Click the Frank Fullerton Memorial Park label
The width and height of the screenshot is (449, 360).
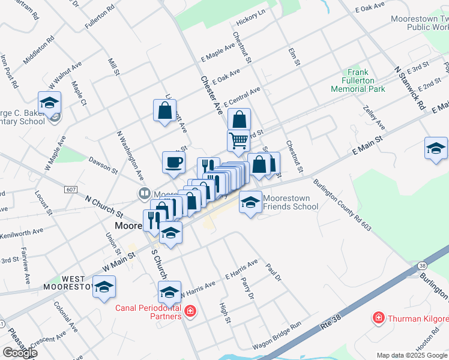point(358,80)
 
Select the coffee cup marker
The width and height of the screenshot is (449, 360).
point(173,162)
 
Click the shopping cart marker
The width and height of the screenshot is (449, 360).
point(238,140)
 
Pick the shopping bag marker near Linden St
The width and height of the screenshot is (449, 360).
point(164,111)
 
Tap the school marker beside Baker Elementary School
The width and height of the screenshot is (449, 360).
point(50,102)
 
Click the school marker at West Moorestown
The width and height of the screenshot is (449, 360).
point(104,286)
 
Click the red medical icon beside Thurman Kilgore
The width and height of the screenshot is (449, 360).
point(378,317)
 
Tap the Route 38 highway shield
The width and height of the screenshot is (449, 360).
point(423,265)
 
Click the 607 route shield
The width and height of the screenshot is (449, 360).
point(71,190)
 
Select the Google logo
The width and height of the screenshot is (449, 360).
point(19,352)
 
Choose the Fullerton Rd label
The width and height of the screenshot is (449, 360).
point(100,19)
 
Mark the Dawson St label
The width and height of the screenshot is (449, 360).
point(103,166)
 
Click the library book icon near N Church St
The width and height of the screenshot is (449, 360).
point(144,194)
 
